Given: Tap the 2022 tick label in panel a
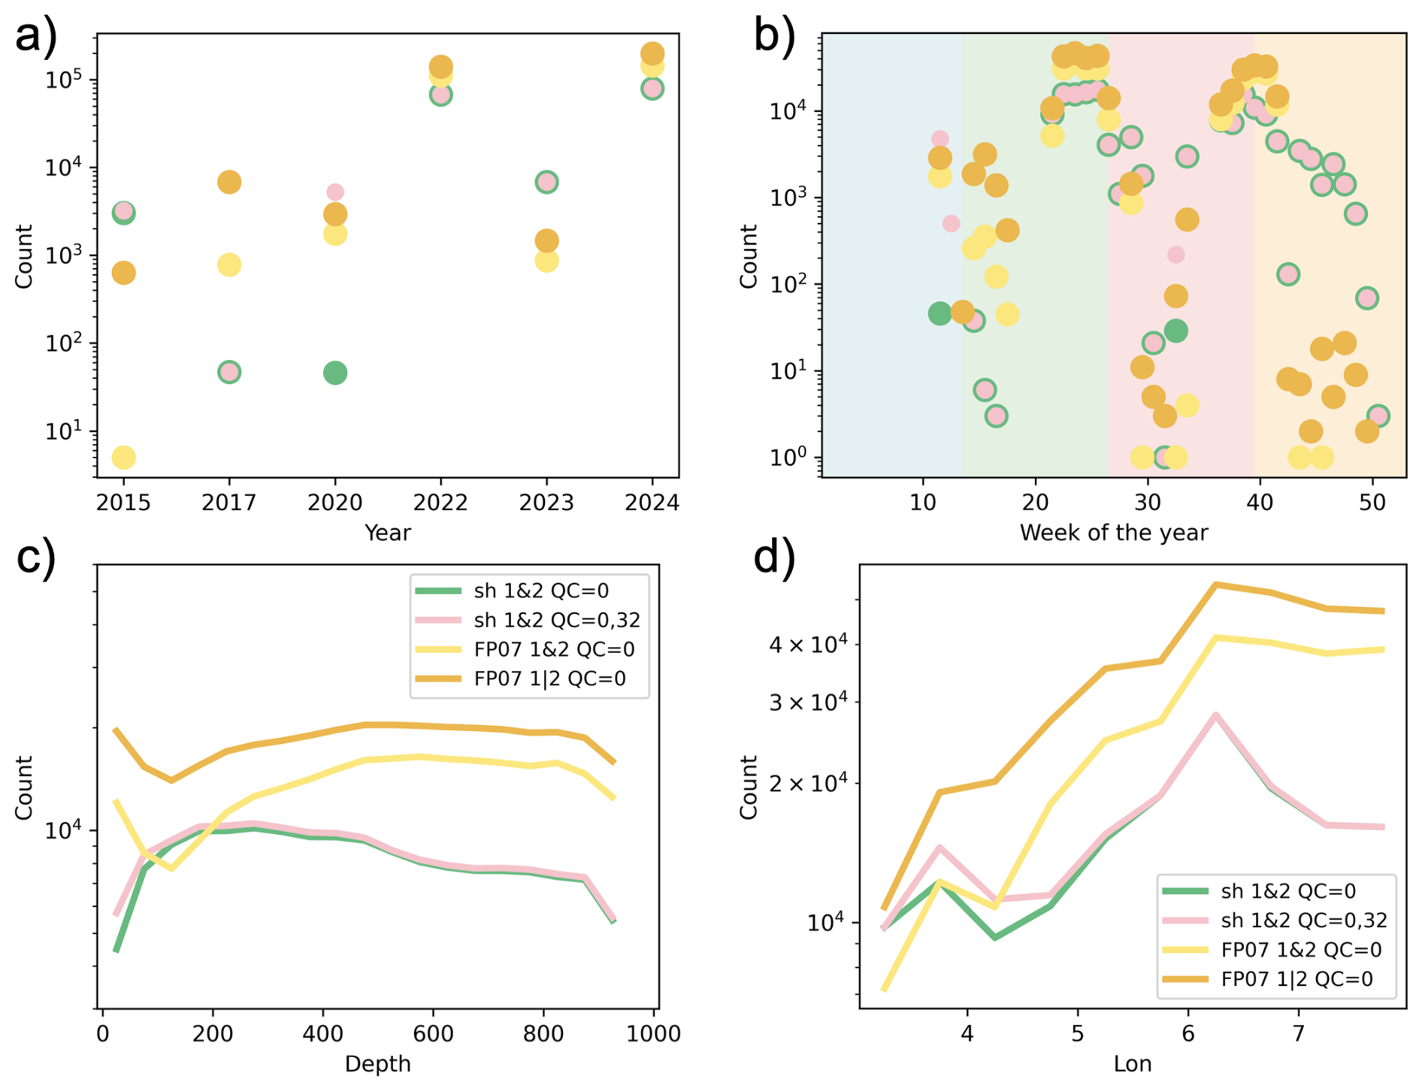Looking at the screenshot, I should pos(440,502).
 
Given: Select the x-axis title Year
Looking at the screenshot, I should pos(387,533).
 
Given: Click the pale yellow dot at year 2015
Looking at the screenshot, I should pos(123,457).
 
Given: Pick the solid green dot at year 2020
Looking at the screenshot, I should pos(335,373).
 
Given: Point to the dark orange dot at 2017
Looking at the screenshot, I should pos(229,182).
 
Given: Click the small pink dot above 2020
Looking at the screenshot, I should pos(335,192).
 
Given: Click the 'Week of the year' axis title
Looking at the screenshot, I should pos(1113,533).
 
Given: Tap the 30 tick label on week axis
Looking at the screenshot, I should pos(1148,502).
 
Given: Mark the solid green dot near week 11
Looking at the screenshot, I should pos(939,313).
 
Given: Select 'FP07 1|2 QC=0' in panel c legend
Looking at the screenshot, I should pos(549,678).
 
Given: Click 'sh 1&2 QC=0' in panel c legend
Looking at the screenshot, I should pos(540,591).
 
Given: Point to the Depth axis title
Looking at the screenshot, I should pos(377,1064).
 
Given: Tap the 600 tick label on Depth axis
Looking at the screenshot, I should pos(433,1034).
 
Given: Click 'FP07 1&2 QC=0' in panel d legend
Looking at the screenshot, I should pos(1301,950).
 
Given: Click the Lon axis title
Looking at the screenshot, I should pos(1132,1064).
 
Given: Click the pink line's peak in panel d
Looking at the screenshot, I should pos(1215,715).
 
